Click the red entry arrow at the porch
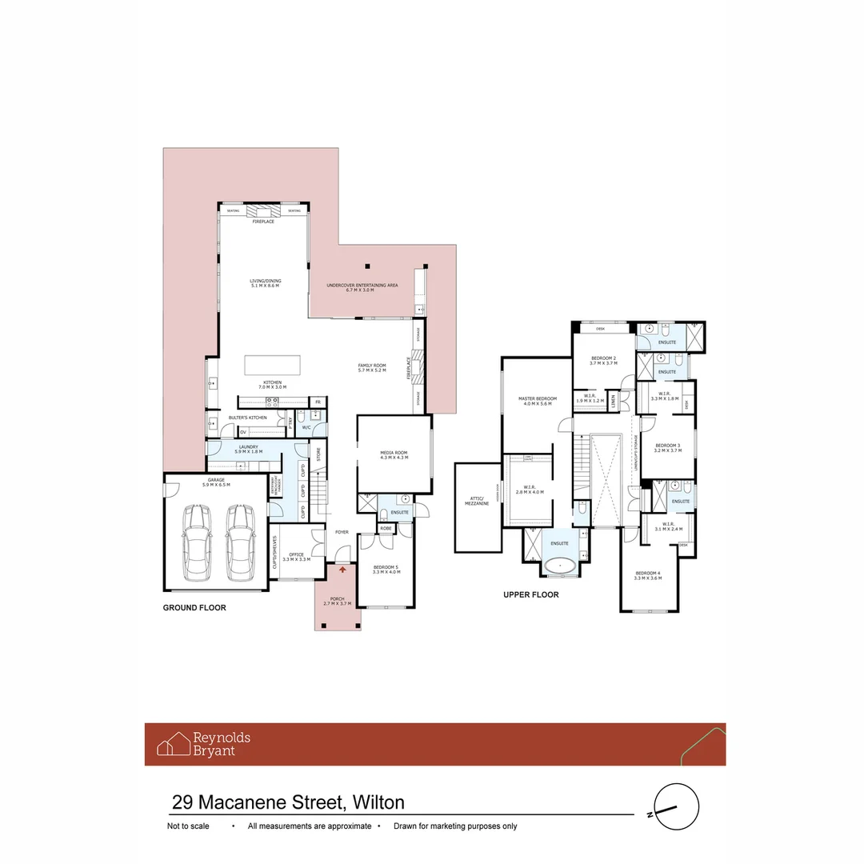(x=343, y=570)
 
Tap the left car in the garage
(x=197, y=544)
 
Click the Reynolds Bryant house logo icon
(x=173, y=745)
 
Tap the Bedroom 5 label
(x=386, y=569)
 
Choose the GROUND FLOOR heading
(x=194, y=608)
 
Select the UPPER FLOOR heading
(x=530, y=595)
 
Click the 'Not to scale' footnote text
(x=188, y=826)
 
